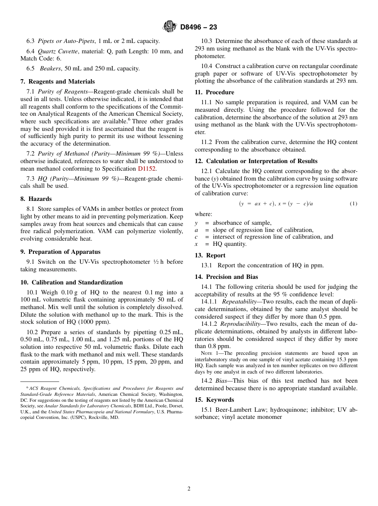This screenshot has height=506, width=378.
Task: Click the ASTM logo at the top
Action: (170, 27)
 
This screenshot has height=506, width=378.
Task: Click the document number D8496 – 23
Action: (199, 27)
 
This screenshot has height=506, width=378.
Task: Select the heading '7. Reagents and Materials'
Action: (58, 82)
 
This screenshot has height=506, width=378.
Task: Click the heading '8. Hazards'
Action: (36, 199)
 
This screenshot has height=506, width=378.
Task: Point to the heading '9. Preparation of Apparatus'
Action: (60, 252)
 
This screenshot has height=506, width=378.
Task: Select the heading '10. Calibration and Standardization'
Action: (72, 282)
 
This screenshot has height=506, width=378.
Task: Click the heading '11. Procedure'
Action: (214, 92)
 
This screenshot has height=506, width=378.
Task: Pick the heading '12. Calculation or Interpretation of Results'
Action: (256, 161)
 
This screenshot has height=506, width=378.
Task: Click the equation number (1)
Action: (353, 204)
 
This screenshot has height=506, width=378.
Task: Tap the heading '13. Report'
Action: (210, 255)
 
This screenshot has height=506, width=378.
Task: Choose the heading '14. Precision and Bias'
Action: (226, 277)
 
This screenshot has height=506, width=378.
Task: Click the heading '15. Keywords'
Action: (214, 400)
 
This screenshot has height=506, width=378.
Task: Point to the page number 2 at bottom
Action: (189, 489)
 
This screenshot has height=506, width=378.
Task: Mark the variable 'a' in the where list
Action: (196, 230)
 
